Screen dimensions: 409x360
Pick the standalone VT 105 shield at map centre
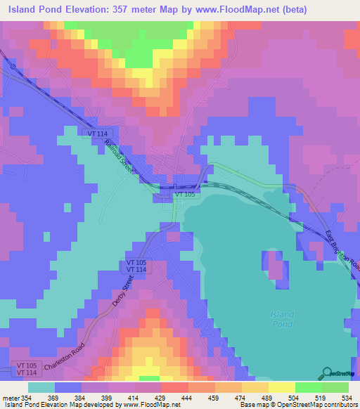coord(185,193)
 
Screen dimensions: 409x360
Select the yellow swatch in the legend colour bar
coord(282,387)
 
